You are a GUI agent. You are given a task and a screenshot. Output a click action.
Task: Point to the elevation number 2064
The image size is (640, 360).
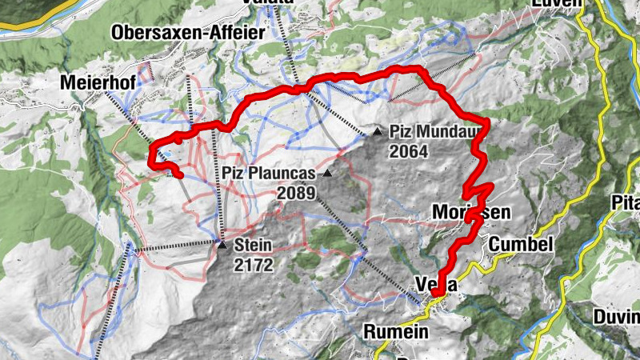tap(409, 151)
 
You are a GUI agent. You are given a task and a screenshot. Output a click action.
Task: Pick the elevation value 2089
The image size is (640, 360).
tap(297, 193)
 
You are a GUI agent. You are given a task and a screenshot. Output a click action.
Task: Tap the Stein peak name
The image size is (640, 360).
tap(254, 246)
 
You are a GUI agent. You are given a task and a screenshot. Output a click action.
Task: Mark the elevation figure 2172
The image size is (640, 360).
tap(254, 264)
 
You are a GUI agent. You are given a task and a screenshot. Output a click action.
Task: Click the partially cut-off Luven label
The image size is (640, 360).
tap(555, 3)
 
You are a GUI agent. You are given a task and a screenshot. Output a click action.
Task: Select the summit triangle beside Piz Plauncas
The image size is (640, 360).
tap(326, 173)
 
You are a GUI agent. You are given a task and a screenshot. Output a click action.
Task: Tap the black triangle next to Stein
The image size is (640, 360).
tap(222, 244)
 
